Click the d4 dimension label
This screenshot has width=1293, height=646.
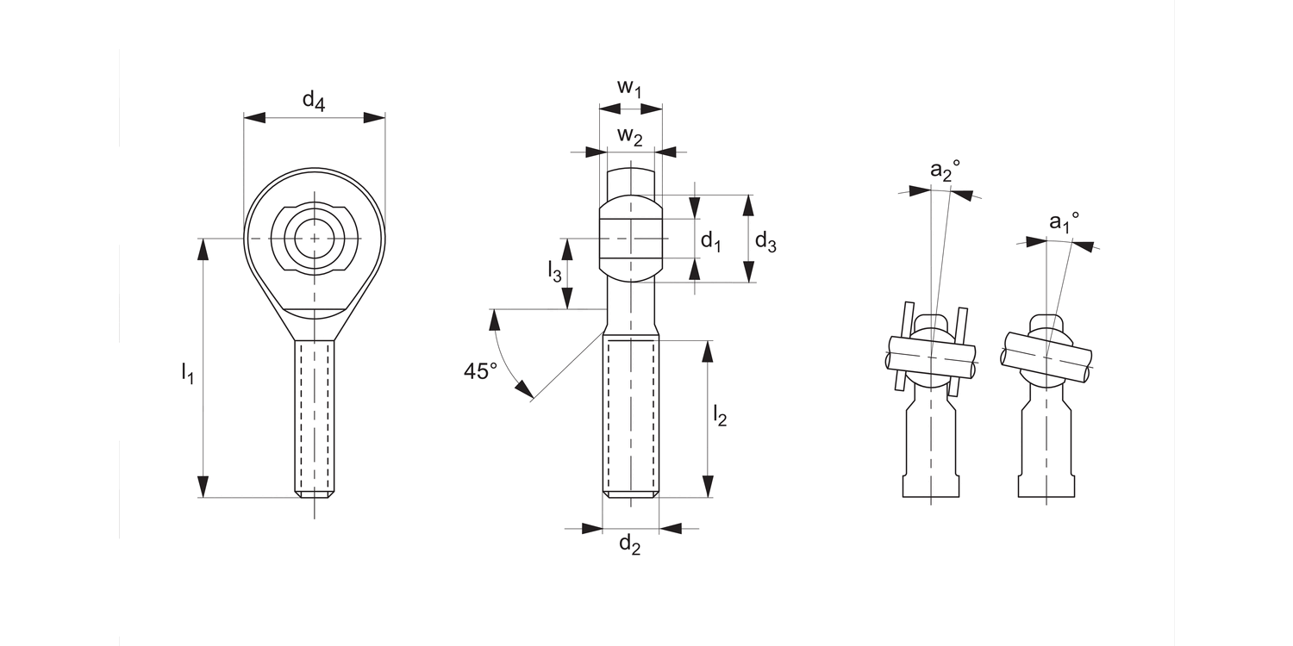[x=314, y=102]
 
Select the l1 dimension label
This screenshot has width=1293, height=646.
[x=187, y=372]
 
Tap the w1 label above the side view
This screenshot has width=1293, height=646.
[x=629, y=88]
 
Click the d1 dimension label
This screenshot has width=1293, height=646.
[x=710, y=241]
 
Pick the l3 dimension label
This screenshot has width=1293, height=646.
[x=555, y=273]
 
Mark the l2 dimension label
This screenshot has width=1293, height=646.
[x=720, y=416]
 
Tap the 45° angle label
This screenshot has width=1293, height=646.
[x=481, y=371]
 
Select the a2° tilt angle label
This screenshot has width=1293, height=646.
[x=945, y=171]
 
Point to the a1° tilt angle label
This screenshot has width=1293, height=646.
[x=1064, y=222]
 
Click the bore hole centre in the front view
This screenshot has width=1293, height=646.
[x=314, y=238]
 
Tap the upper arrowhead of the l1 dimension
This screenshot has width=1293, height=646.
[x=203, y=249]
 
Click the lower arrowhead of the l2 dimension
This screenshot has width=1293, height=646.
[x=709, y=488]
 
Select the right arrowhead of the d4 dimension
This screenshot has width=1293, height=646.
[x=375, y=117]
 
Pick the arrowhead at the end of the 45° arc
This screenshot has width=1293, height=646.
[x=523, y=392]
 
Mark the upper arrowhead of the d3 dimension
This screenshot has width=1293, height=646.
[x=748, y=205]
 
